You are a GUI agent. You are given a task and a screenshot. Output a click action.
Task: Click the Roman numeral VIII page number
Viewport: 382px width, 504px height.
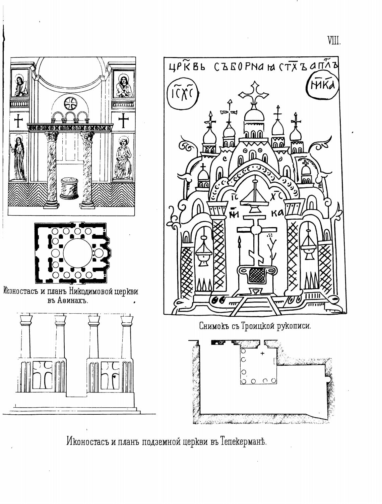[334, 41]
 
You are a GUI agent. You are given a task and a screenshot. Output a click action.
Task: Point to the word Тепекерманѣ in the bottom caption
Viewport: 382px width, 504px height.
[244, 441]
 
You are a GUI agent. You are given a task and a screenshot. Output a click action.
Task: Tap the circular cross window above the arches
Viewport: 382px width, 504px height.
[70, 103]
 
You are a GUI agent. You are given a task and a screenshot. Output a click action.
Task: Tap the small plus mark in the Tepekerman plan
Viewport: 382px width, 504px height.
[262, 353]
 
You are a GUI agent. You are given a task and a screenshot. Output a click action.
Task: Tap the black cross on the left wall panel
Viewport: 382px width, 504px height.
[19, 121]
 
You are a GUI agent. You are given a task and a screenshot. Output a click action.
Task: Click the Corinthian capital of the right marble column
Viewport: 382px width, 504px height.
[87, 136]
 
